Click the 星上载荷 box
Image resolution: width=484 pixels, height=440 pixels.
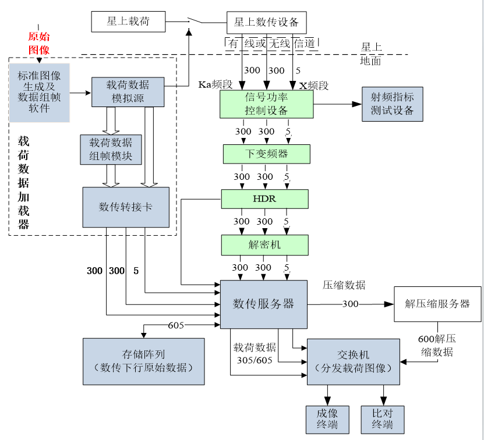point(128,22)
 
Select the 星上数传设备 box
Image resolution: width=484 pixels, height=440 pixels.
point(266,23)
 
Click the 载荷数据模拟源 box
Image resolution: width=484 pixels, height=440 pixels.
point(128,92)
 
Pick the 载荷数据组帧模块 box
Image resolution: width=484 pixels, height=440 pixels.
point(111,150)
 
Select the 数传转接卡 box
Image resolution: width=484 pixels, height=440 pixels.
point(126,207)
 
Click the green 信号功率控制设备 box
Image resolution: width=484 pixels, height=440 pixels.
point(267,104)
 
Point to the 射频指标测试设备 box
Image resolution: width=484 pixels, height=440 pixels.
point(392,104)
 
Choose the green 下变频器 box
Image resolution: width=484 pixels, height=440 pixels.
point(266,154)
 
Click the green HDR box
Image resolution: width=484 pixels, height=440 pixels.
point(264,199)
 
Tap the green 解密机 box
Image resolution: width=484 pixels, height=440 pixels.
point(264,245)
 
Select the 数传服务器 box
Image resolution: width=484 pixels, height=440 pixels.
point(263,304)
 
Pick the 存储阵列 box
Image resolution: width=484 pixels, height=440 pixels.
point(143,361)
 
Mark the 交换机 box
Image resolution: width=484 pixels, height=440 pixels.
point(353,361)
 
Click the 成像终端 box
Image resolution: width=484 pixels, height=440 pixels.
point(327,420)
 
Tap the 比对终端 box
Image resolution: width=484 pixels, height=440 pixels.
point(382,420)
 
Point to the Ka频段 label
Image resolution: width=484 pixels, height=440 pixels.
point(215,85)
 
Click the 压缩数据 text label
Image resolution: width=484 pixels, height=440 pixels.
point(344,285)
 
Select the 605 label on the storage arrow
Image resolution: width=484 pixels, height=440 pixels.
point(176,325)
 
